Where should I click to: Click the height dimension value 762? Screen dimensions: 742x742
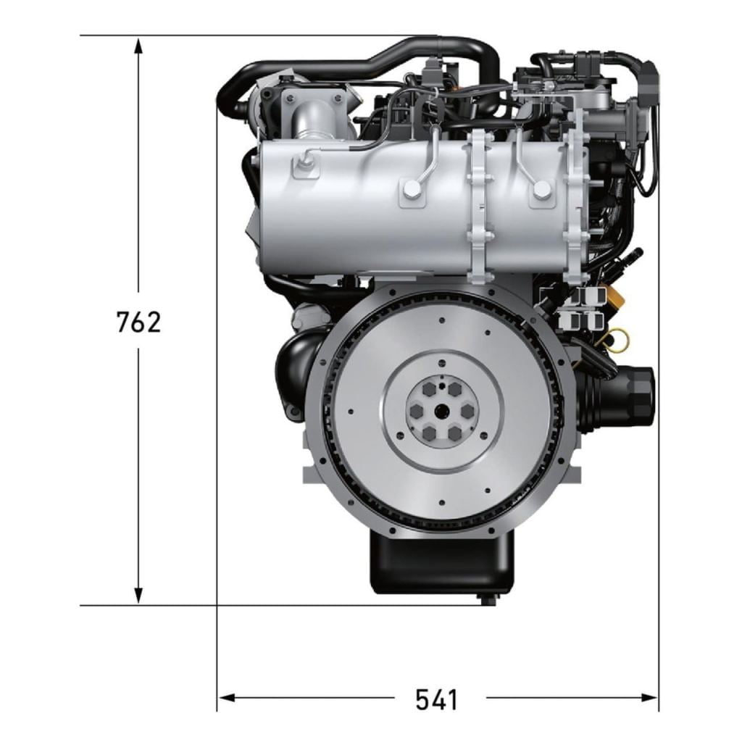[138, 322]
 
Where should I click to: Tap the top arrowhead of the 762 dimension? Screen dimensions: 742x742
[138, 47]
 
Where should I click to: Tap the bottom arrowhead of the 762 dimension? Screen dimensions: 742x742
[138, 595]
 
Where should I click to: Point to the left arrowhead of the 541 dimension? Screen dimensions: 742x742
[227, 698]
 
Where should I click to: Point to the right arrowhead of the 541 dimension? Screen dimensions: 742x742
[649, 698]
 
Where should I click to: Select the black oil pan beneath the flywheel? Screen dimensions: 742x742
[441, 561]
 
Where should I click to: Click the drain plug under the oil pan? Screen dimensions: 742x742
[487, 599]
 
